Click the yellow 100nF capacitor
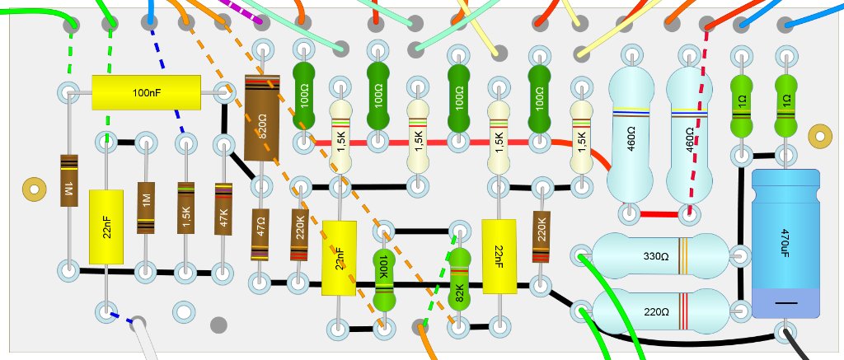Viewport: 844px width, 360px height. tap(146, 92)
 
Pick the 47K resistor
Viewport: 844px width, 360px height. tap(223, 208)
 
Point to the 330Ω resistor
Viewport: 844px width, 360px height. tap(660, 255)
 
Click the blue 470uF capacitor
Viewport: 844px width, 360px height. tap(785, 243)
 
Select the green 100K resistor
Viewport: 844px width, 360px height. tap(382, 269)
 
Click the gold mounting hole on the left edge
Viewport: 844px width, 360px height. tap(34, 189)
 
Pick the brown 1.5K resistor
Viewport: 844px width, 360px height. tap(186, 208)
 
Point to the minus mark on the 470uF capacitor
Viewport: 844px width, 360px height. tap(785, 303)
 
